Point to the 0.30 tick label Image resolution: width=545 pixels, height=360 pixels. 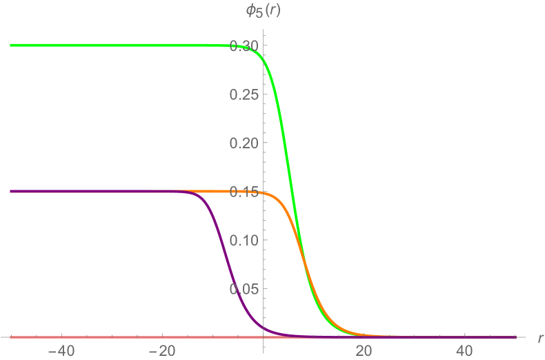click(x=244, y=46)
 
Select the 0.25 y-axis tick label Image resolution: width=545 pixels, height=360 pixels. click(x=244, y=94)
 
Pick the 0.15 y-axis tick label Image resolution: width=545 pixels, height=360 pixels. click(x=244, y=192)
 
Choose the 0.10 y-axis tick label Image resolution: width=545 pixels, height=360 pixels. click(x=244, y=240)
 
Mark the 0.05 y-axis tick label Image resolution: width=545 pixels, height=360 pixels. click(x=244, y=289)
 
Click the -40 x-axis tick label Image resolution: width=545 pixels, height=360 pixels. click(x=61, y=350)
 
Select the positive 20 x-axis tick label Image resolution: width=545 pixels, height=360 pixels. click(x=364, y=350)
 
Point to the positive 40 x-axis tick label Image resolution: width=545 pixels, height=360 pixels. click(x=464, y=350)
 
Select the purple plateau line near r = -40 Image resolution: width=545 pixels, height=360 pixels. click(x=61, y=191)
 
